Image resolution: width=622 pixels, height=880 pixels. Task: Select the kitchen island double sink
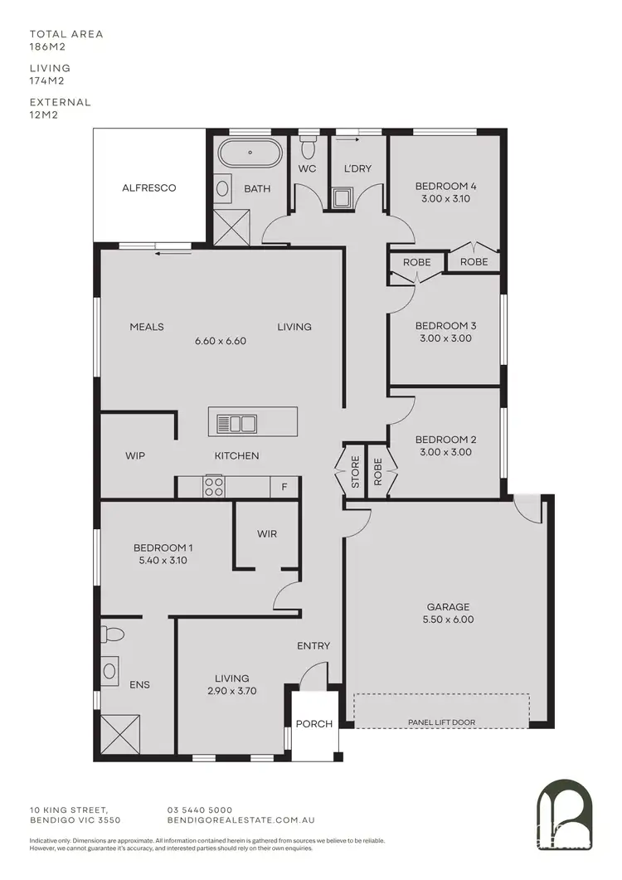(237, 424)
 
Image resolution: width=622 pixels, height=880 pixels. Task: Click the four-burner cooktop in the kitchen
(214, 486)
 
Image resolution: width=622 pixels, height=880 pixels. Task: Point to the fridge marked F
(284, 487)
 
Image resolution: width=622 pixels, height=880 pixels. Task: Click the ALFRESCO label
(149, 188)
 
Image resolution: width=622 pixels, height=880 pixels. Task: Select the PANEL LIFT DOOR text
(442, 722)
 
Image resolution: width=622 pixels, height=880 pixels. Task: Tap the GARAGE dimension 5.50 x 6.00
(449, 619)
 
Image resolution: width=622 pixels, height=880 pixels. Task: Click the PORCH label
(314, 723)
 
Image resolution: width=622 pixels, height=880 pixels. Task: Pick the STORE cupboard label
(355, 473)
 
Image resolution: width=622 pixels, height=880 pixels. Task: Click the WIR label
(267, 534)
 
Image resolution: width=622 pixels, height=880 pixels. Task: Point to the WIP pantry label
(136, 456)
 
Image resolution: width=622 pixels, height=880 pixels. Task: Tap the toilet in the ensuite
(113, 634)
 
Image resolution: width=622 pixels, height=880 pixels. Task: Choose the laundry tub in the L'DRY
(342, 198)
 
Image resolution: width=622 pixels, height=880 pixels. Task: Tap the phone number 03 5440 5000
(200, 810)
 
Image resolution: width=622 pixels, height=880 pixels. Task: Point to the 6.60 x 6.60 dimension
(221, 341)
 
